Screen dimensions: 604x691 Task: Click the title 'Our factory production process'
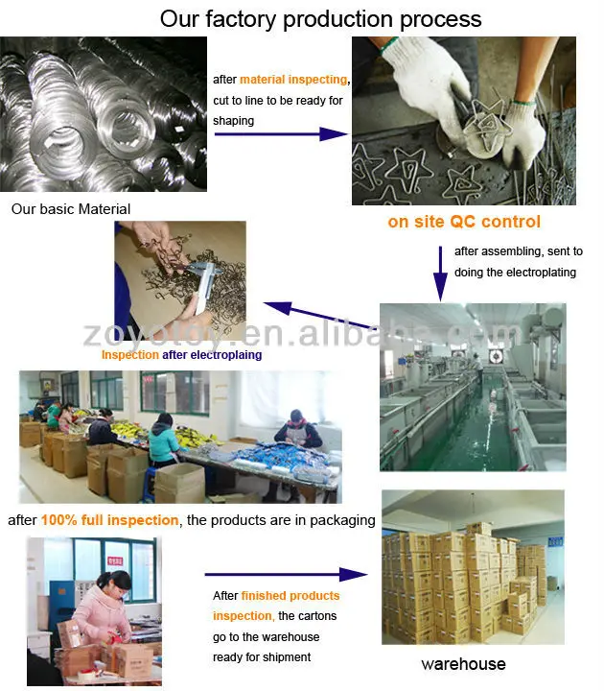(x=320, y=19)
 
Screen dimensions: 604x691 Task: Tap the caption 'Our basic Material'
(x=71, y=209)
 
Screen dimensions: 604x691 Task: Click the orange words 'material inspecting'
(x=293, y=80)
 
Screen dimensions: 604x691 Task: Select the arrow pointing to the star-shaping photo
(x=281, y=134)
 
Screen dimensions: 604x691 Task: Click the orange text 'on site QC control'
(x=464, y=222)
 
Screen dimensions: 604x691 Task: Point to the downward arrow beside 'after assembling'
(x=440, y=274)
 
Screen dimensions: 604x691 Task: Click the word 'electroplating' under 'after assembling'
(x=541, y=273)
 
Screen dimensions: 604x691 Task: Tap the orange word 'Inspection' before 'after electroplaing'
(x=130, y=355)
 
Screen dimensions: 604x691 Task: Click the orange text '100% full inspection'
(x=109, y=520)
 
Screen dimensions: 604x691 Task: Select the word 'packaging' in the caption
(x=342, y=520)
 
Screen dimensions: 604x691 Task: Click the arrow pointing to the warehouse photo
(x=286, y=574)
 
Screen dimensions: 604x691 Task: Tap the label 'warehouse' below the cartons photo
(x=464, y=664)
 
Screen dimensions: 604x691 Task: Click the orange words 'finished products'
(x=290, y=596)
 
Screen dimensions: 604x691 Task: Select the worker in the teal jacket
(x=163, y=440)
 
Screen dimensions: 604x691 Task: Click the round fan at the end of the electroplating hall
(x=496, y=356)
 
